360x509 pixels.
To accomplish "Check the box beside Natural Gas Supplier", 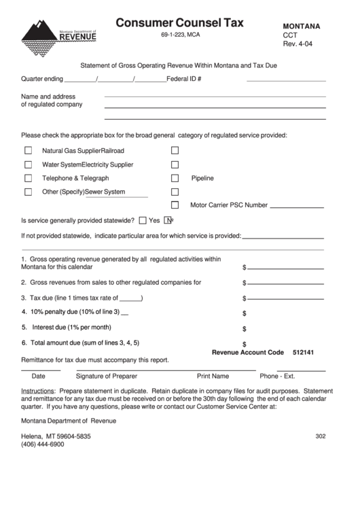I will click(x=29, y=150).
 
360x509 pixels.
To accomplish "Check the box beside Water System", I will click(x=29, y=164).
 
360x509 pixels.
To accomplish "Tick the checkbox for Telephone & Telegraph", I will click(x=29, y=178).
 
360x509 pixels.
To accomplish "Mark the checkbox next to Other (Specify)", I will click(x=29, y=192).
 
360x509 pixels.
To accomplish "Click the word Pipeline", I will click(x=202, y=178).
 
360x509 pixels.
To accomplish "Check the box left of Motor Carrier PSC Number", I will click(x=175, y=205).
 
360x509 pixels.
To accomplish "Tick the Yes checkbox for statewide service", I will click(x=143, y=220).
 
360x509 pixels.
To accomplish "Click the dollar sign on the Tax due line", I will click(x=245, y=298).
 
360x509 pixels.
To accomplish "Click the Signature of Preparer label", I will click(x=106, y=376).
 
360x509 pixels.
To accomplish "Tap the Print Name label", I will click(x=213, y=376).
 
